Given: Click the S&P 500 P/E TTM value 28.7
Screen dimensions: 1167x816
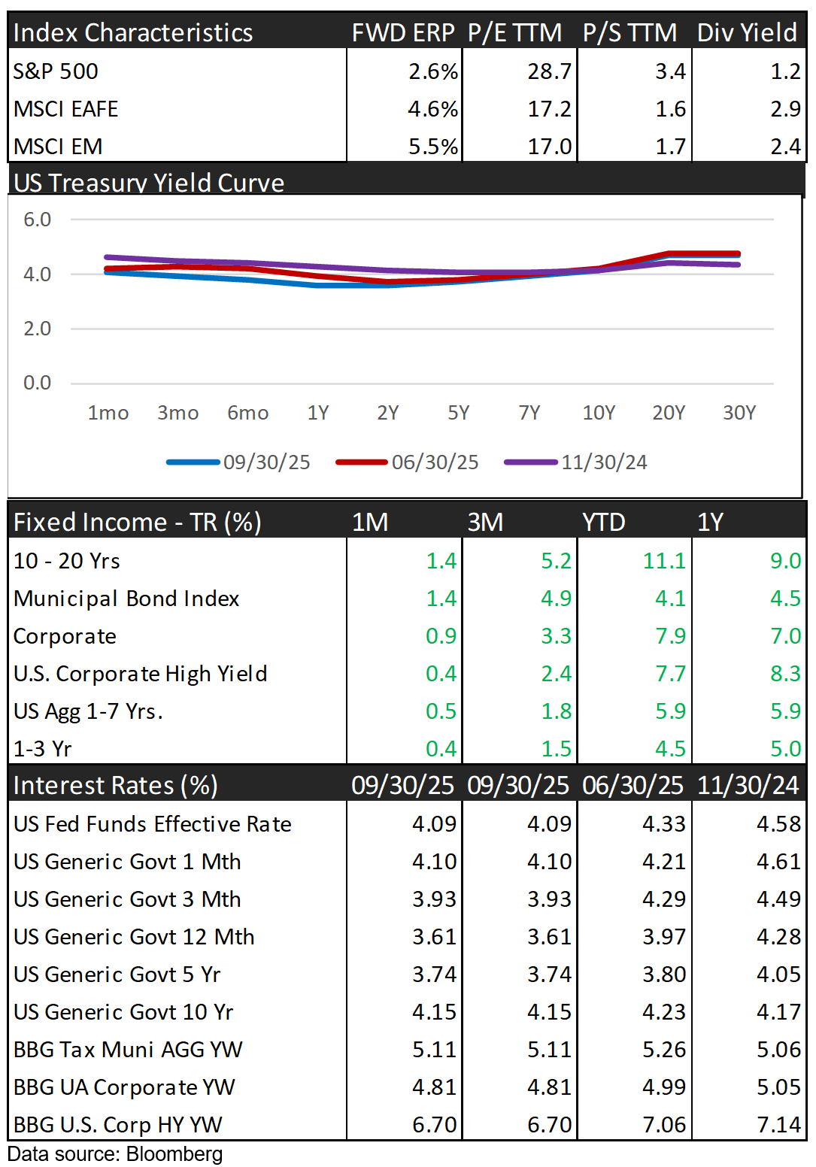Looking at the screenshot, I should click(549, 71).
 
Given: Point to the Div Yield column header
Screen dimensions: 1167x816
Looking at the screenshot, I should click(747, 32).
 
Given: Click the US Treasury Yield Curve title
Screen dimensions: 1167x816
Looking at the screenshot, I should click(149, 183).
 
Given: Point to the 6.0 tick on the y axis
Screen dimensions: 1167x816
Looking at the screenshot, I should click(37, 220).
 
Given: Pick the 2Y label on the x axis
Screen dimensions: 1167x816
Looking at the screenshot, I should click(388, 413).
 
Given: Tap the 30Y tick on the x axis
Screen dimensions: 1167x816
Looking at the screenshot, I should click(739, 413).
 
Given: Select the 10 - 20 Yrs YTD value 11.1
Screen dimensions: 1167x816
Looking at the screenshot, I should click(664, 561).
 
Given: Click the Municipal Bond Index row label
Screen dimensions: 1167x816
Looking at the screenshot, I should click(126, 599).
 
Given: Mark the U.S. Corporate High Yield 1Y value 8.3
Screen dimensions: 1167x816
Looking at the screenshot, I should click(785, 674).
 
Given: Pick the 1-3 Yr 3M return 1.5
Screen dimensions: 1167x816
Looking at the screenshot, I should click(556, 749).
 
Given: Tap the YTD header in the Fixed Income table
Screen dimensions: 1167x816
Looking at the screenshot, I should click(604, 522).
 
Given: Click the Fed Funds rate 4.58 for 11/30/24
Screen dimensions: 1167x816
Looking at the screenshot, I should click(778, 824).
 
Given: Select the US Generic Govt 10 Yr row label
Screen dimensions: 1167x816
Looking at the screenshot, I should click(123, 1012).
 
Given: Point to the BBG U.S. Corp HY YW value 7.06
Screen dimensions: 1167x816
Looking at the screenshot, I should click(664, 1125).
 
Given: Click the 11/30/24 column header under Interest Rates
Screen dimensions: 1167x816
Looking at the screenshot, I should click(748, 785).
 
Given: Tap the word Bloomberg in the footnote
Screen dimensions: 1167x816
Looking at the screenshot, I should click(174, 1154).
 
